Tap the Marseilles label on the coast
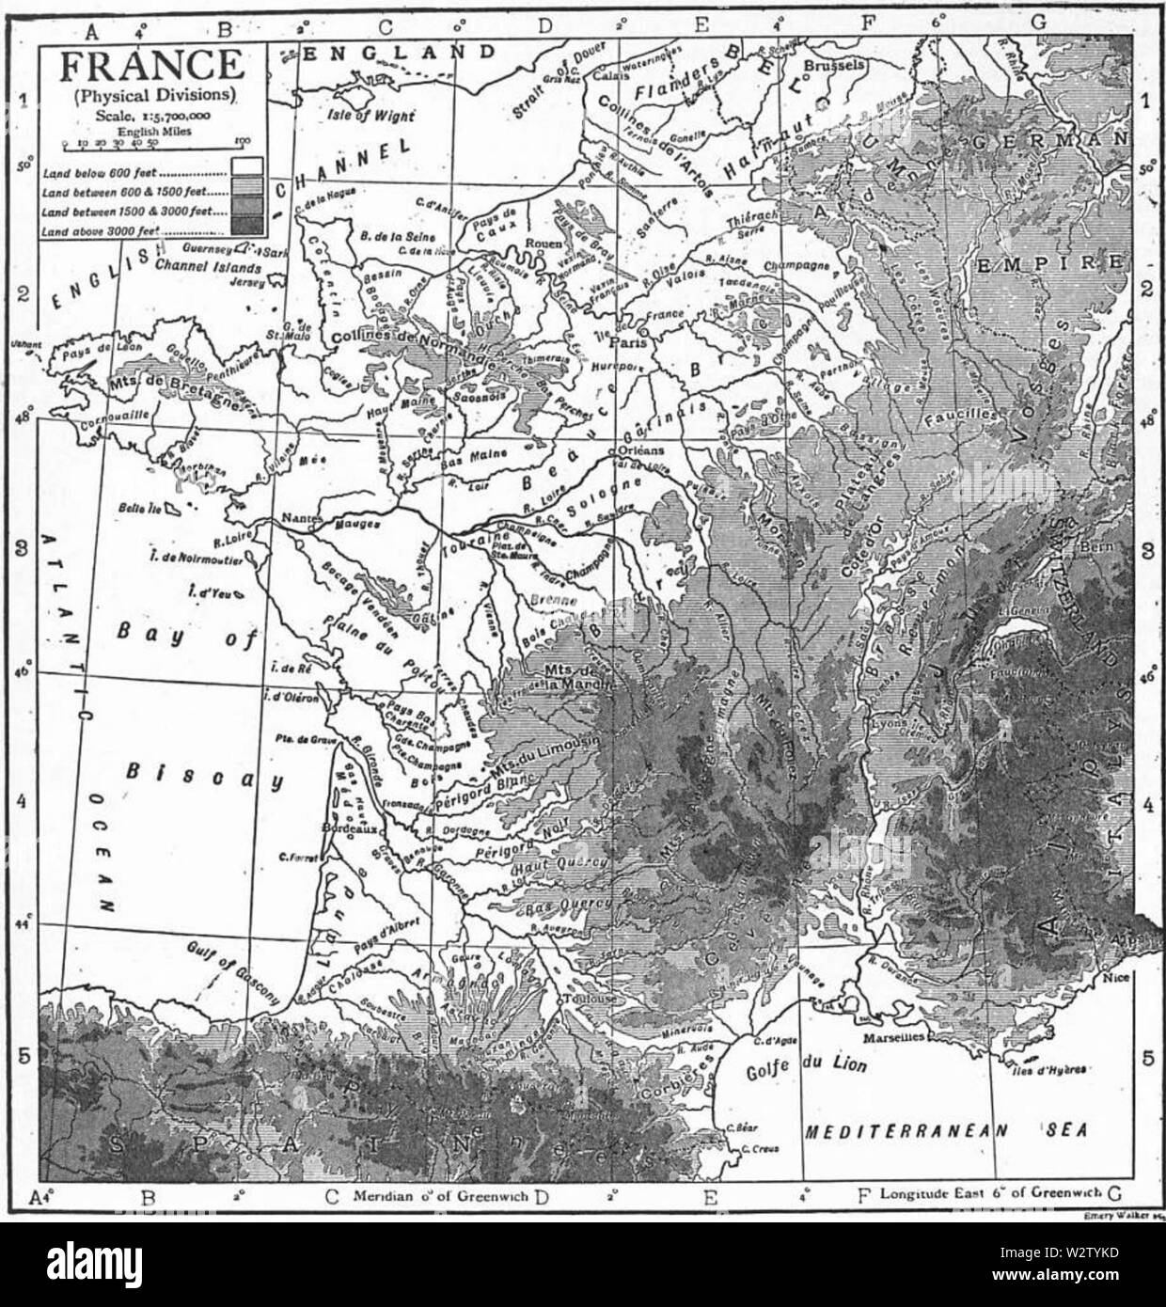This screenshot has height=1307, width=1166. (x=901, y=1036)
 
